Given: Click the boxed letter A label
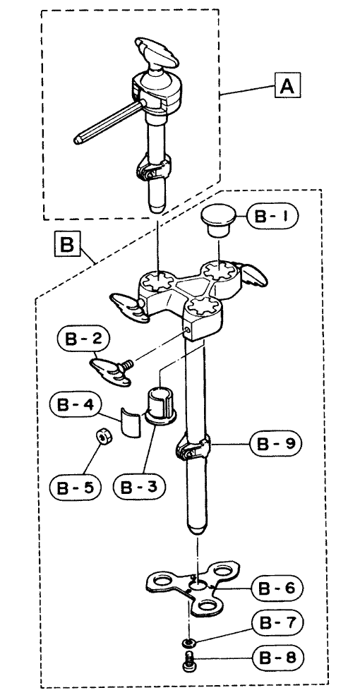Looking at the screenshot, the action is coord(287,85).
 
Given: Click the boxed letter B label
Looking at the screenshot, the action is coord(67,244).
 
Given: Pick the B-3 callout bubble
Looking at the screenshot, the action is coord(140,488).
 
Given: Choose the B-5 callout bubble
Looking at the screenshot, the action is coord(76,488).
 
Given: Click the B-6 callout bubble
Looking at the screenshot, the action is coord(277,589).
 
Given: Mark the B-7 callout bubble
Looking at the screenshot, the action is coord(277,623).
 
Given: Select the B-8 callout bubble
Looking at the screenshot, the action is coord(277,656).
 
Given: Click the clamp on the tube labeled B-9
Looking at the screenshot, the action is coord(193,449).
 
